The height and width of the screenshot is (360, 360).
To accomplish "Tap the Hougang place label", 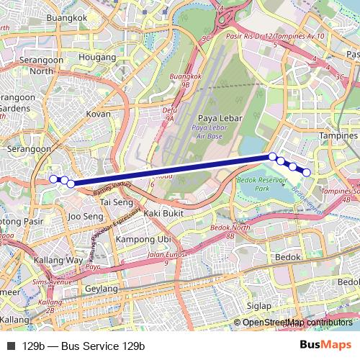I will (96, 55).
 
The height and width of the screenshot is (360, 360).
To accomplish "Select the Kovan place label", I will (98, 114).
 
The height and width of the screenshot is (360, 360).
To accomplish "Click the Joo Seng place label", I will (84, 215).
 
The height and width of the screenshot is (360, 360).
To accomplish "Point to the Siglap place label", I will (259, 305).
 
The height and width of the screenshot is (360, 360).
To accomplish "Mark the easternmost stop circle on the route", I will (307, 172).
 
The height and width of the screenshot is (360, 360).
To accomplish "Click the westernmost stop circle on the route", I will (53, 179).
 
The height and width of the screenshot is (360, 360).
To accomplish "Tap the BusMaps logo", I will (327, 346).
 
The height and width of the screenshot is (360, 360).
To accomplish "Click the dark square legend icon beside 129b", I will (10, 346).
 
